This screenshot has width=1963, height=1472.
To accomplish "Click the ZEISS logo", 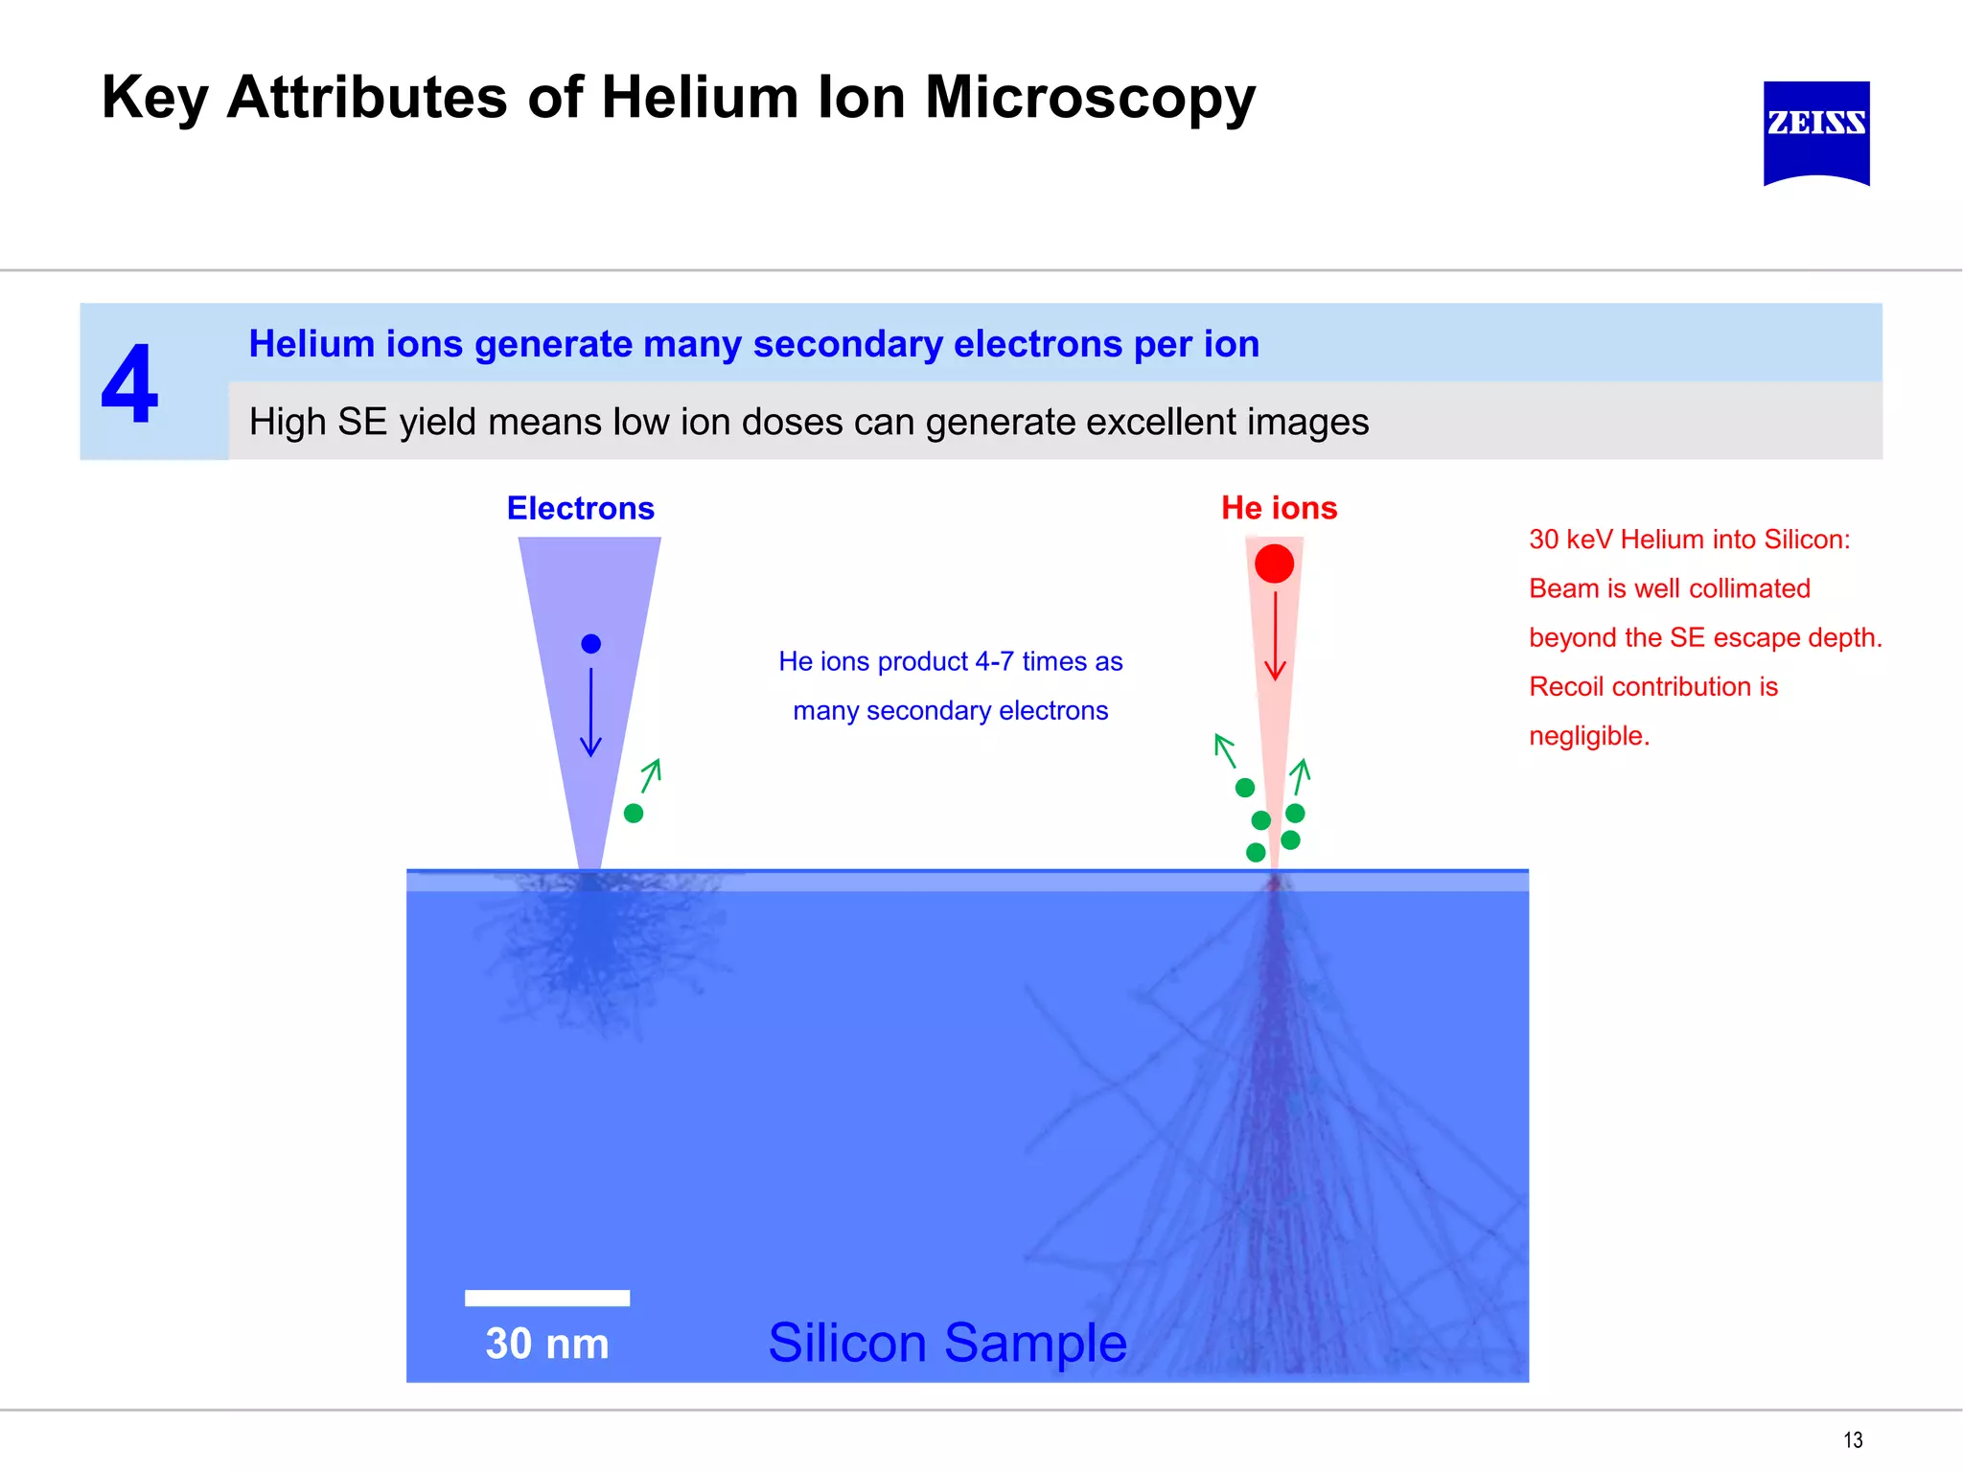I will [x=1815, y=131].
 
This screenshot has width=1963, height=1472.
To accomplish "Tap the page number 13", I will [x=1852, y=1439].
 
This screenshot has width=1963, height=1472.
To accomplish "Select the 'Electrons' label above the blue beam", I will [x=580, y=508].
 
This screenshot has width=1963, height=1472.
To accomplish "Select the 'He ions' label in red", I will [x=1278, y=508].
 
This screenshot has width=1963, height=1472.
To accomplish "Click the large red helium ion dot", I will [x=1274, y=563].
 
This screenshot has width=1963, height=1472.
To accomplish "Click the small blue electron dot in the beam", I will [x=590, y=644].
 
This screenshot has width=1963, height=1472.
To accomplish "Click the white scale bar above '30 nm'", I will [x=546, y=1298].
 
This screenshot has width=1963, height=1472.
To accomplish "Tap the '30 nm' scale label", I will [x=546, y=1344].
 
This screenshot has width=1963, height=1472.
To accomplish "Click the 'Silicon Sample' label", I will [x=947, y=1342].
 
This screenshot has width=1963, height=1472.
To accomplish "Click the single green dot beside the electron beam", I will [x=633, y=813].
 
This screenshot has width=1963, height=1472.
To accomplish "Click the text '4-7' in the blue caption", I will [x=994, y=661].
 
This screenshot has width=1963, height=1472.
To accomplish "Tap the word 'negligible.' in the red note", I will [x=1588, y=736].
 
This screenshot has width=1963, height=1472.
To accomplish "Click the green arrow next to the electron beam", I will [x=651, y=775].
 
